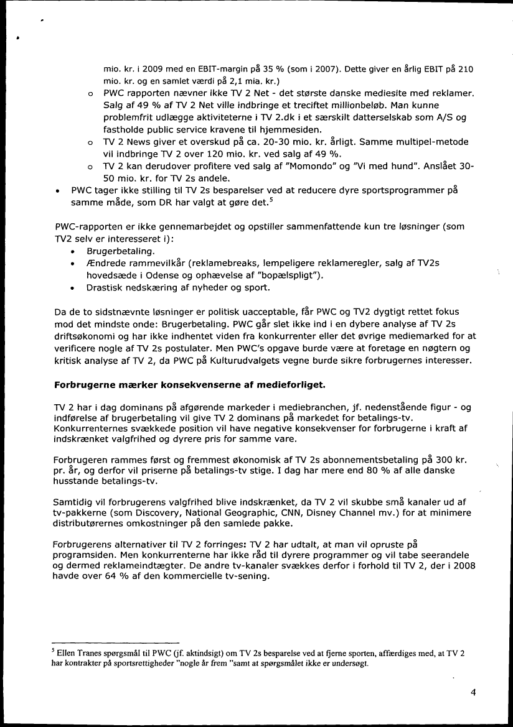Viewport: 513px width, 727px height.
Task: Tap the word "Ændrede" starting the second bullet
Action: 106,264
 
